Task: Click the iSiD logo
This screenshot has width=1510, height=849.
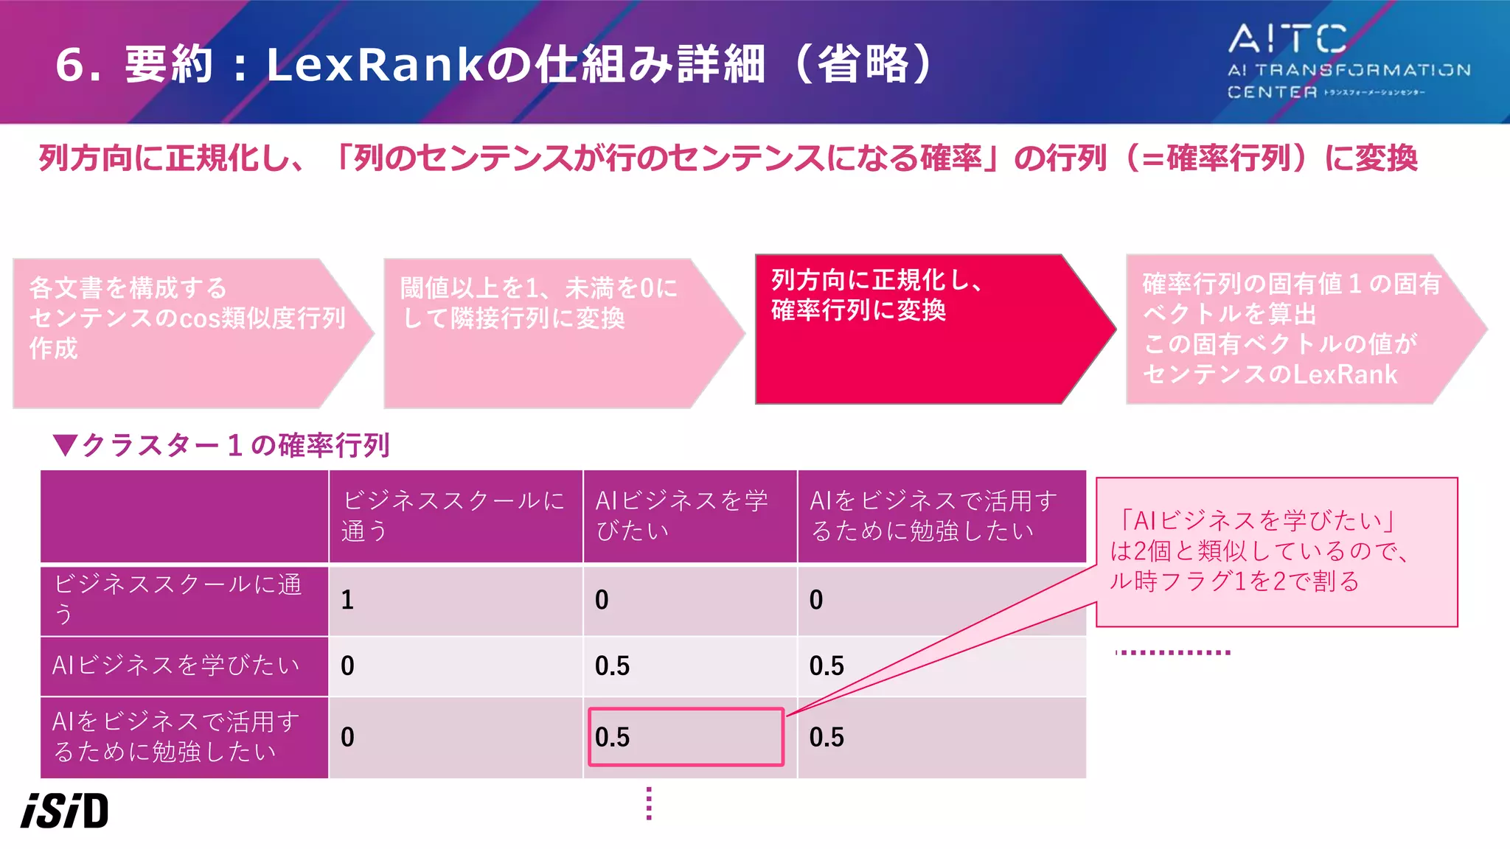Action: [65, 811]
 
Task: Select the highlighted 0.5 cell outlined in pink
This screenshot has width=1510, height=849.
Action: [686, 737]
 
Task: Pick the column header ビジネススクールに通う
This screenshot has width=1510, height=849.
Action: [455, 516]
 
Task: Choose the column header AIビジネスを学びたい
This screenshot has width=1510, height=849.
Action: [689, 516]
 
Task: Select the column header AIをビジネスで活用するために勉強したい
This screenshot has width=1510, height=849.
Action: [941, 516]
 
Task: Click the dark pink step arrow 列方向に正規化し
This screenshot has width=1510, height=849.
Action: [922, 329]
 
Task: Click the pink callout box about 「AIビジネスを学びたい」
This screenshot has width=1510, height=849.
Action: [1276, 552]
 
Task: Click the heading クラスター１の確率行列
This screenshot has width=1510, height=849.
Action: [222, 445]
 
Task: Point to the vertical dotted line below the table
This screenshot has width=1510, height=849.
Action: [649, 803]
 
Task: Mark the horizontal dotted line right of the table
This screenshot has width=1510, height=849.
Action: [1173, 652]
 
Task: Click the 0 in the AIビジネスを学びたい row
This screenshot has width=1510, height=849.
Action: [348, 666]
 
